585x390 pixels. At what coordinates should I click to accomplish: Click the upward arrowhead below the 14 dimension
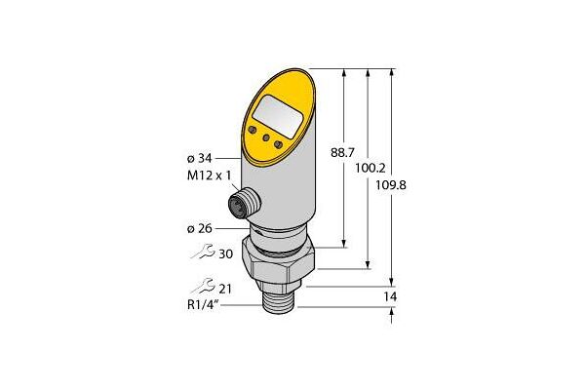point(391,314)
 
